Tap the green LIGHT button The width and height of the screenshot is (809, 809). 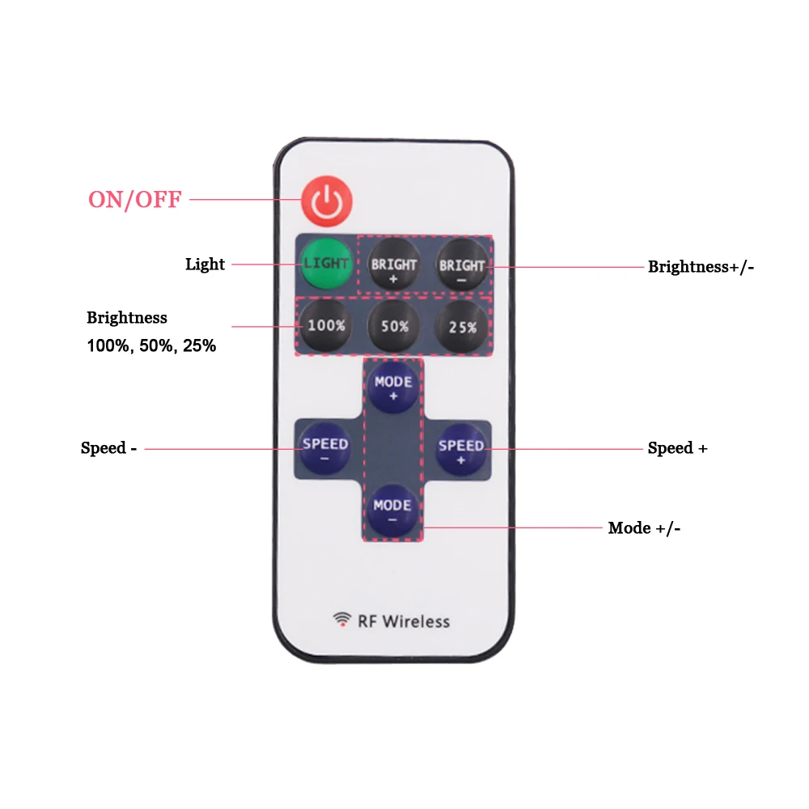coord(327,264)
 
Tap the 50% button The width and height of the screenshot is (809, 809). coord(393,326)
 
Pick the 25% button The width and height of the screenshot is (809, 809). coord(462,326)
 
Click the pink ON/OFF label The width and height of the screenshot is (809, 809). coord(135,200)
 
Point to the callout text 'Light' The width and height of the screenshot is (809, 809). coord(205,265)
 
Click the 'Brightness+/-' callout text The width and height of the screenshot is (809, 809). coord(701,266)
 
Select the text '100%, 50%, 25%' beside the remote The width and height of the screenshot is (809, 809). coord(151,346)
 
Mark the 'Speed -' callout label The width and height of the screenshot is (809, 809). coord(108,448)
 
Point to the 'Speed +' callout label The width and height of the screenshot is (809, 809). coord(677,448)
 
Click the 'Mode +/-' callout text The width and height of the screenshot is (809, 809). coord(644,528)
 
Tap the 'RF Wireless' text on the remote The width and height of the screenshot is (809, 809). coord(403,621)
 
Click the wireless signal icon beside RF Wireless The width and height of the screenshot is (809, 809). coord(342,621)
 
